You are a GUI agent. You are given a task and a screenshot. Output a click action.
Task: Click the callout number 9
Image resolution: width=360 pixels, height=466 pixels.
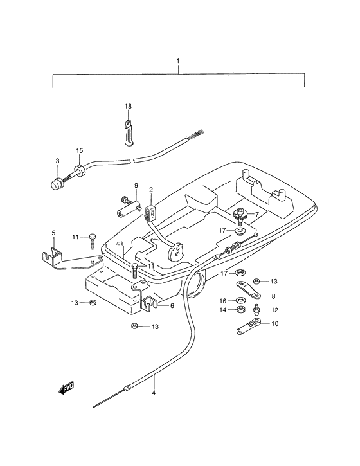pyautogui.click(x=136, y=186)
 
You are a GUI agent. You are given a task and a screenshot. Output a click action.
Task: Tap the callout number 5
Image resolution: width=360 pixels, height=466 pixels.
pyautogui.click(x=53, y=233)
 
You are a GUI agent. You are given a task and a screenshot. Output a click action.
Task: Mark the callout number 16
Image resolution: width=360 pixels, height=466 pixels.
pyautogui.click(x=223, y=300)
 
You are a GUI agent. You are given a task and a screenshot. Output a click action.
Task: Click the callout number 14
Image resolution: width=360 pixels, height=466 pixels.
pyautogui.click(x=223, y=310)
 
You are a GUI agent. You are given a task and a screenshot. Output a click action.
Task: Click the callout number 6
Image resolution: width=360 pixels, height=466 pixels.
pyautogui.click(x=172, y=306)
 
